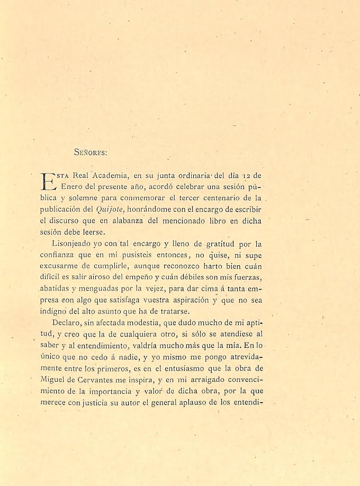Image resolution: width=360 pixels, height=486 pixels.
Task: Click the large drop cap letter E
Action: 48,181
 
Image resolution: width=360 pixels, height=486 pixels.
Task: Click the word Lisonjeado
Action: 75,244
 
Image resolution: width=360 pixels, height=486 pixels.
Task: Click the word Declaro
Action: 67,322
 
